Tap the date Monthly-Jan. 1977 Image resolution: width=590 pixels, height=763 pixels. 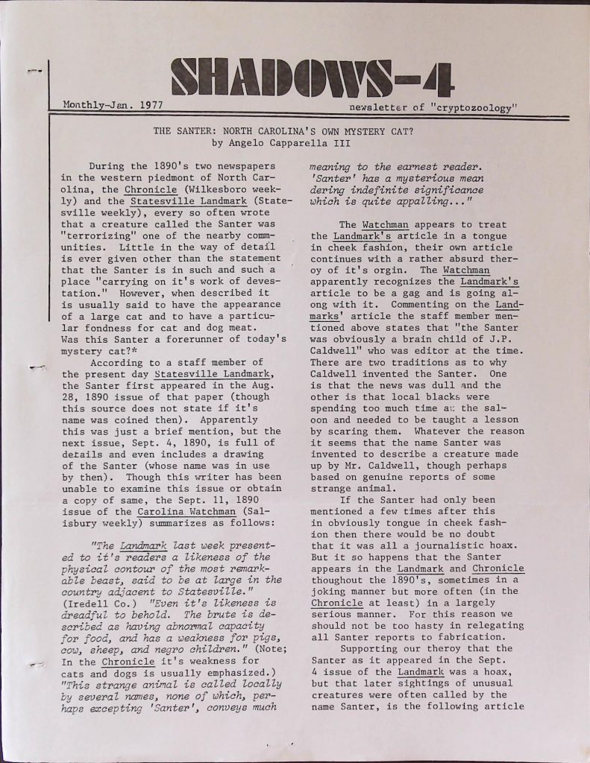click(113, 105)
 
